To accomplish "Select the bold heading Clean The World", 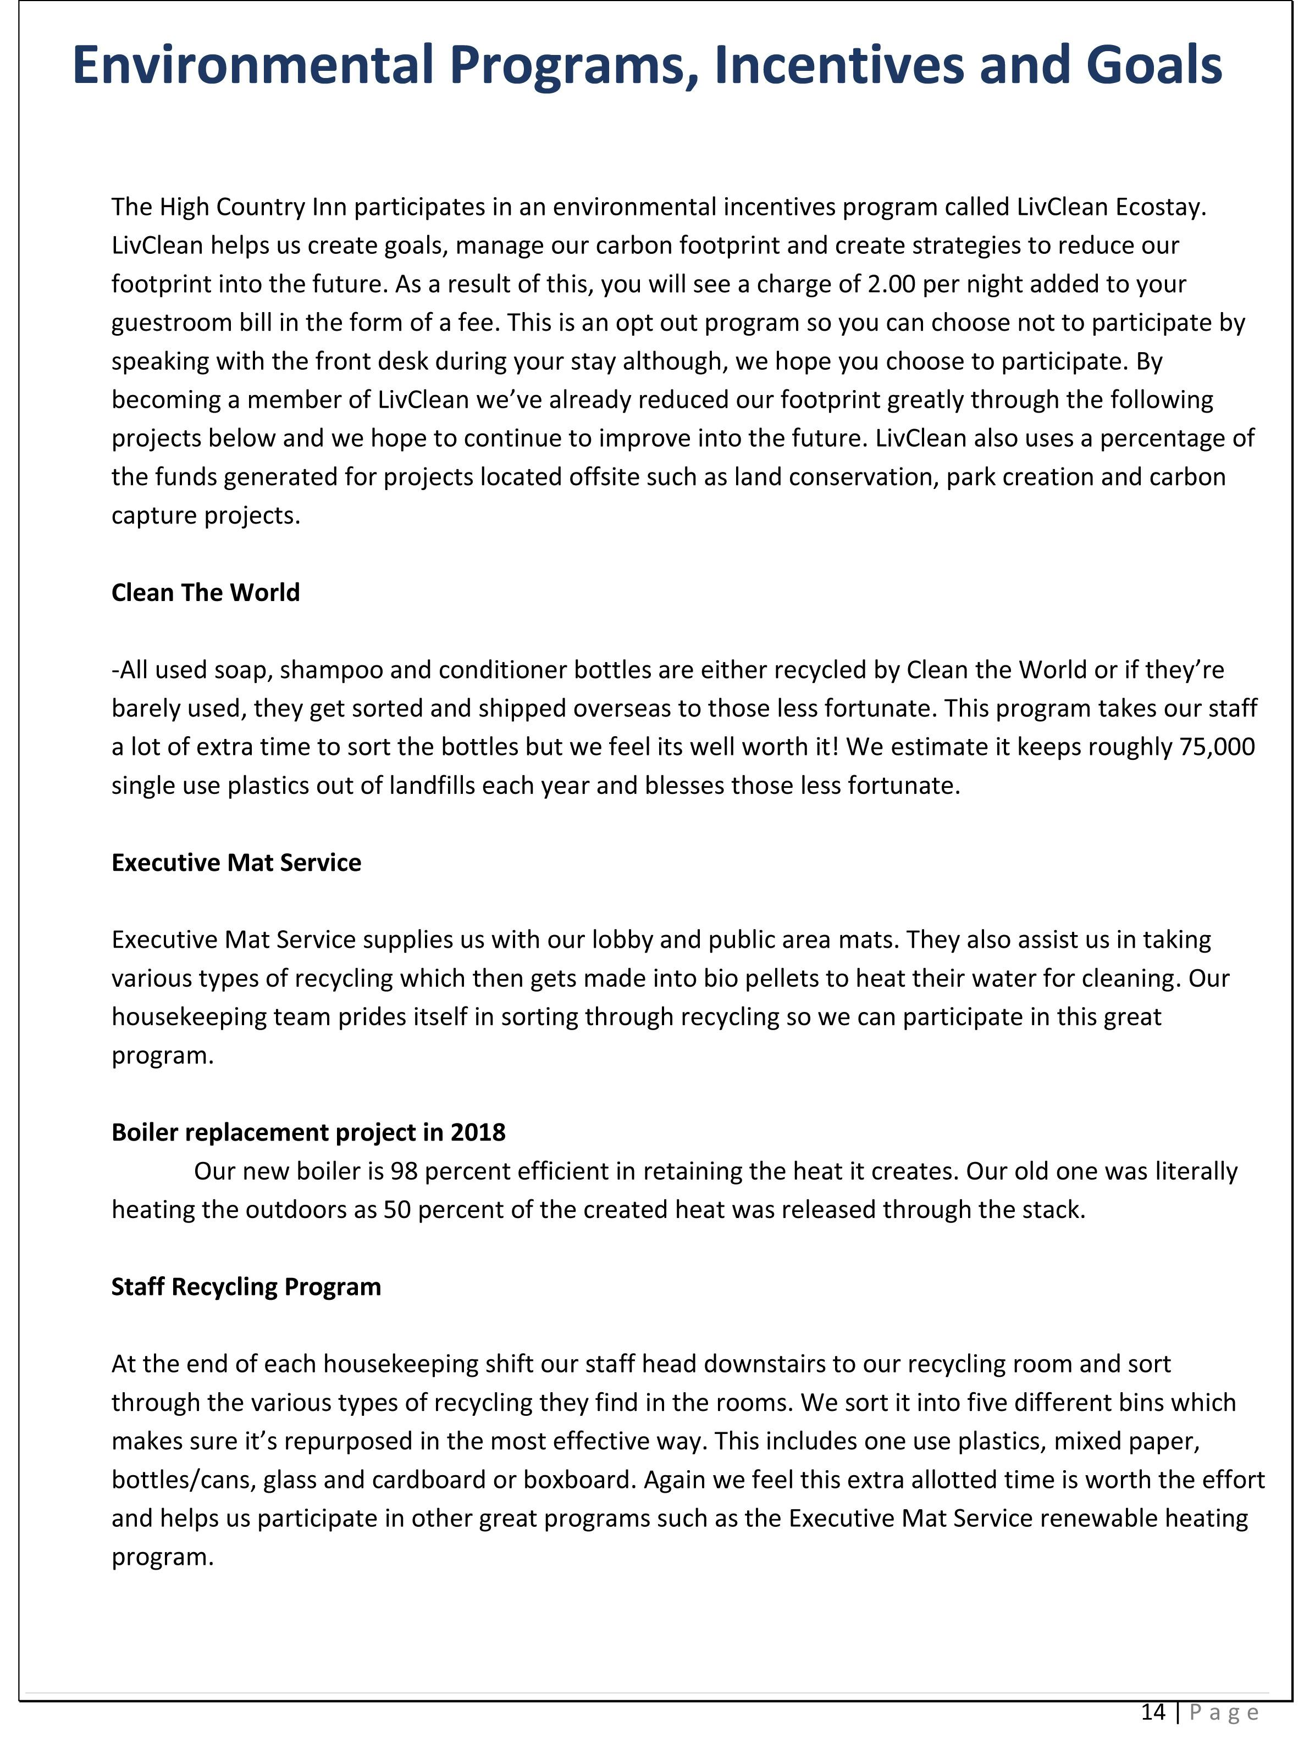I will [x=205, y=593].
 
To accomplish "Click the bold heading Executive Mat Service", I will [x=236, y=863].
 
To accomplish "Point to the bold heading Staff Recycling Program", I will [x=246, y=1287].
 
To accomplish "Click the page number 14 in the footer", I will [x=1153, y=1712].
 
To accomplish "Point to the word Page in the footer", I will [x=1224, y=1712].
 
